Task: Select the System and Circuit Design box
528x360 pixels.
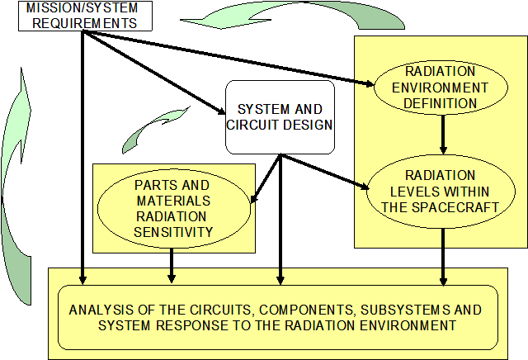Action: click(x=280, y=116)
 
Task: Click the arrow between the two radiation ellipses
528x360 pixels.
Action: click(x=443, y=135)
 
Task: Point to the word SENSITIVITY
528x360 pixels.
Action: click(x=172, y=232)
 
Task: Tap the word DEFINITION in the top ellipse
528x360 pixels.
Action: click(x=441, y=103)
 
